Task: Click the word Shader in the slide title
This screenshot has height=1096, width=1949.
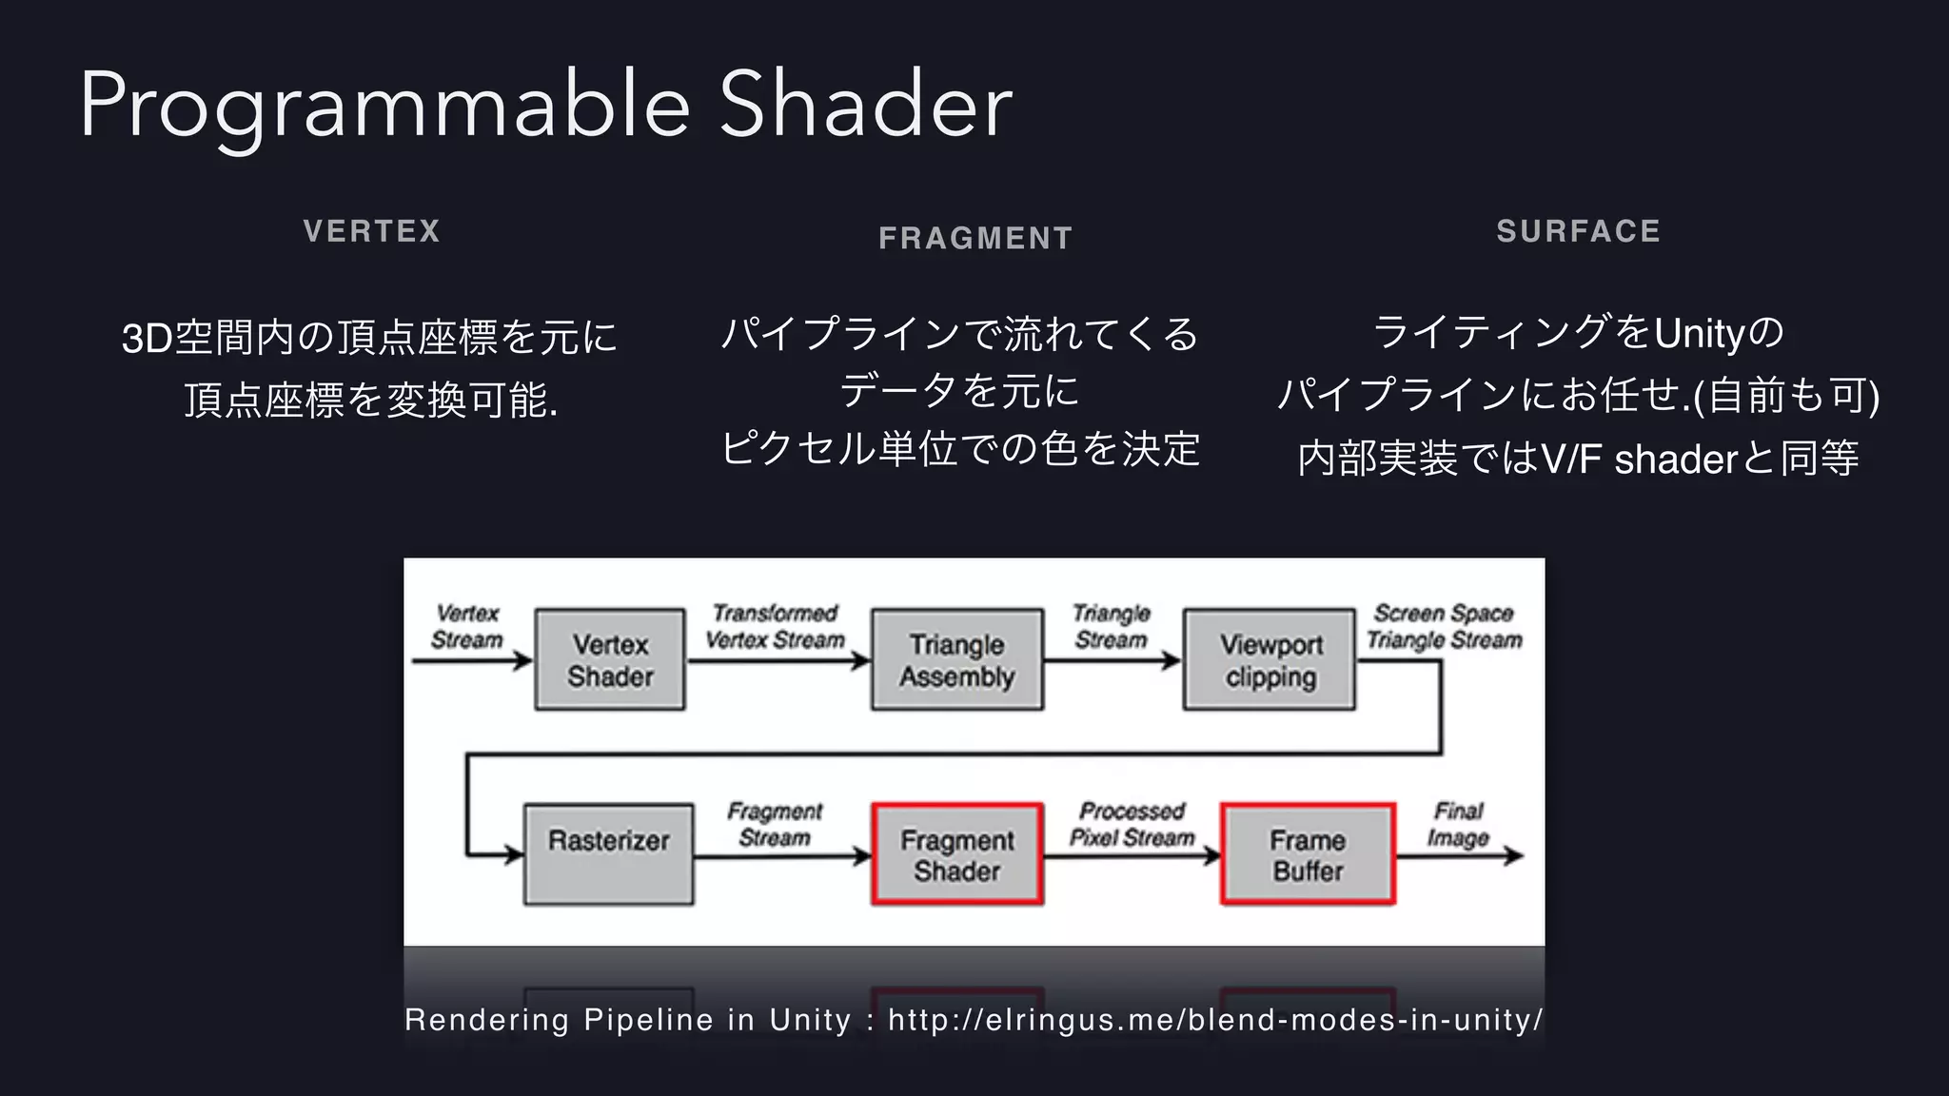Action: tap(865, 105)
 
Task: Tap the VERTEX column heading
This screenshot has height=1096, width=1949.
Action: tap(372, 231)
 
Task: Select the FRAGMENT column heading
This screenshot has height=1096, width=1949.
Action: tap(975, 238)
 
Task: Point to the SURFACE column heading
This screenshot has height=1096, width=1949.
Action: tap(1578, 231)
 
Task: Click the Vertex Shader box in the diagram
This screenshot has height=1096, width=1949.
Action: tap(610, 660)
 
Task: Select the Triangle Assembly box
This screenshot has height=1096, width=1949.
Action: tap(956, 660)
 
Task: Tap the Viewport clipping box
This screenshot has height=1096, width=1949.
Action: tap(1270, 660)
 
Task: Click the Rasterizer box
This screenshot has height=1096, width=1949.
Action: tap(608, 854)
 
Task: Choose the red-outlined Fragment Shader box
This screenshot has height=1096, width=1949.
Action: tap(956, 854)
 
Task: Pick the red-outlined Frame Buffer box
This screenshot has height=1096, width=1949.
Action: tap(1308, 854)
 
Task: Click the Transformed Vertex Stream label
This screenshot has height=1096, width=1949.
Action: tap(775, 627)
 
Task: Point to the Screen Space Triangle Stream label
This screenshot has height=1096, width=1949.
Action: tap(1444, 627)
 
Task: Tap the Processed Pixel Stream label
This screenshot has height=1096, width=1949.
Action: tap(1132, 824)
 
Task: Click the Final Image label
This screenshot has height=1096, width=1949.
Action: tap(1457, 824)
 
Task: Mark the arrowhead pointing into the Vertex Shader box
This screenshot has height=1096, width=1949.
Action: tap(522, 660)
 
